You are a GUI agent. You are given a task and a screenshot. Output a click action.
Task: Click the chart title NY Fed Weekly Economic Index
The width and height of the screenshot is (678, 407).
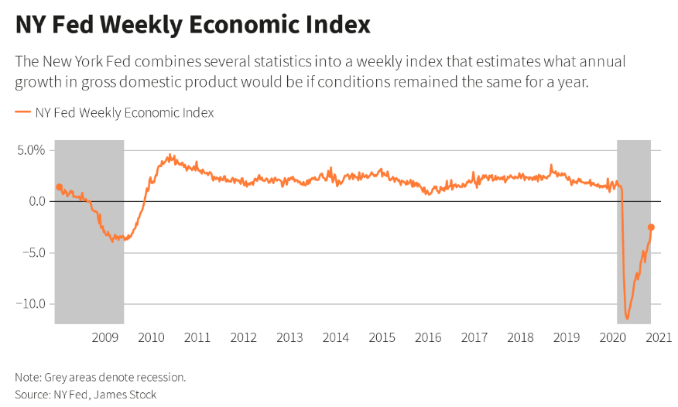click(193, 25)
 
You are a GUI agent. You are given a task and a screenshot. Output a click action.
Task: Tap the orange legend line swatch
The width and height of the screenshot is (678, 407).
click(22, 113)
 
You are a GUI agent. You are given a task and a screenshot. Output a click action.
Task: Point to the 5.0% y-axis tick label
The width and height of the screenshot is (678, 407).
click(31, 150)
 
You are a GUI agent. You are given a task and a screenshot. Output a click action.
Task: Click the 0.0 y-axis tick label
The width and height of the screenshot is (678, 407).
click(36, 201)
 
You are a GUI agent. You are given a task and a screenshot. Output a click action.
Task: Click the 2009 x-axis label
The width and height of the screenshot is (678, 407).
click(104, 337)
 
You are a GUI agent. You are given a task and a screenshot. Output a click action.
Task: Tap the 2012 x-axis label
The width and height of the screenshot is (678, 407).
click(243, 337)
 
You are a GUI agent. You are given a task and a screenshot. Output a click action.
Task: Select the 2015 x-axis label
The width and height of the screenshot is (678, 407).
click(382, 337)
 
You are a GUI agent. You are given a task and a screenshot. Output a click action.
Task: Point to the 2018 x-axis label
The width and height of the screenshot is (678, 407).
click(521, 337)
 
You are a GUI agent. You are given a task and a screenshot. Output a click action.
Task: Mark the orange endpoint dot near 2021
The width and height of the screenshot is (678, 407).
click(651, 227)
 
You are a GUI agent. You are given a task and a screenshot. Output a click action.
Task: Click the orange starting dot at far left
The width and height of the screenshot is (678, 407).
click(59, 186)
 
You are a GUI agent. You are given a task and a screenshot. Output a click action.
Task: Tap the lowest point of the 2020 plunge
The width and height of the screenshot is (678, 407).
click(627, 318)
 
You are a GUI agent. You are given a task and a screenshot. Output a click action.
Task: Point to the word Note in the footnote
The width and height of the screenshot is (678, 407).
click(27, 378)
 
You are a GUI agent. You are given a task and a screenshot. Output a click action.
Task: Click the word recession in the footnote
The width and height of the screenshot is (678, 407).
click(161, 378)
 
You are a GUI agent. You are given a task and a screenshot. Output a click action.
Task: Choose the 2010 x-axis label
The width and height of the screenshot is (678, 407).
click(151, 337)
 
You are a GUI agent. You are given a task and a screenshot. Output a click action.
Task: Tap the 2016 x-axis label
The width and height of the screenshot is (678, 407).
click(428, 337)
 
